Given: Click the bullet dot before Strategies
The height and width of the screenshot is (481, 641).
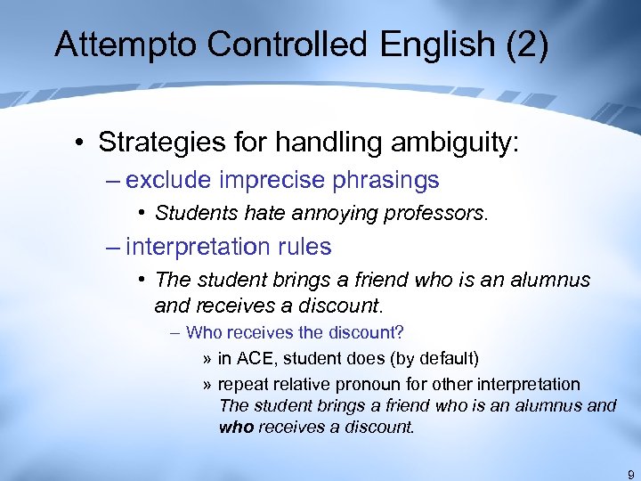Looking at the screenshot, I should (x=81, y=143).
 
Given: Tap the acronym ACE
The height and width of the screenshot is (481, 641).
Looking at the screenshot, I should (x=254, y=359).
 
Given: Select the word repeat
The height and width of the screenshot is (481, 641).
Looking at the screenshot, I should (x=243, y=385).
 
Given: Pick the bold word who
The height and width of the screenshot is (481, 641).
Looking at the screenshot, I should (x=237, y=427).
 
